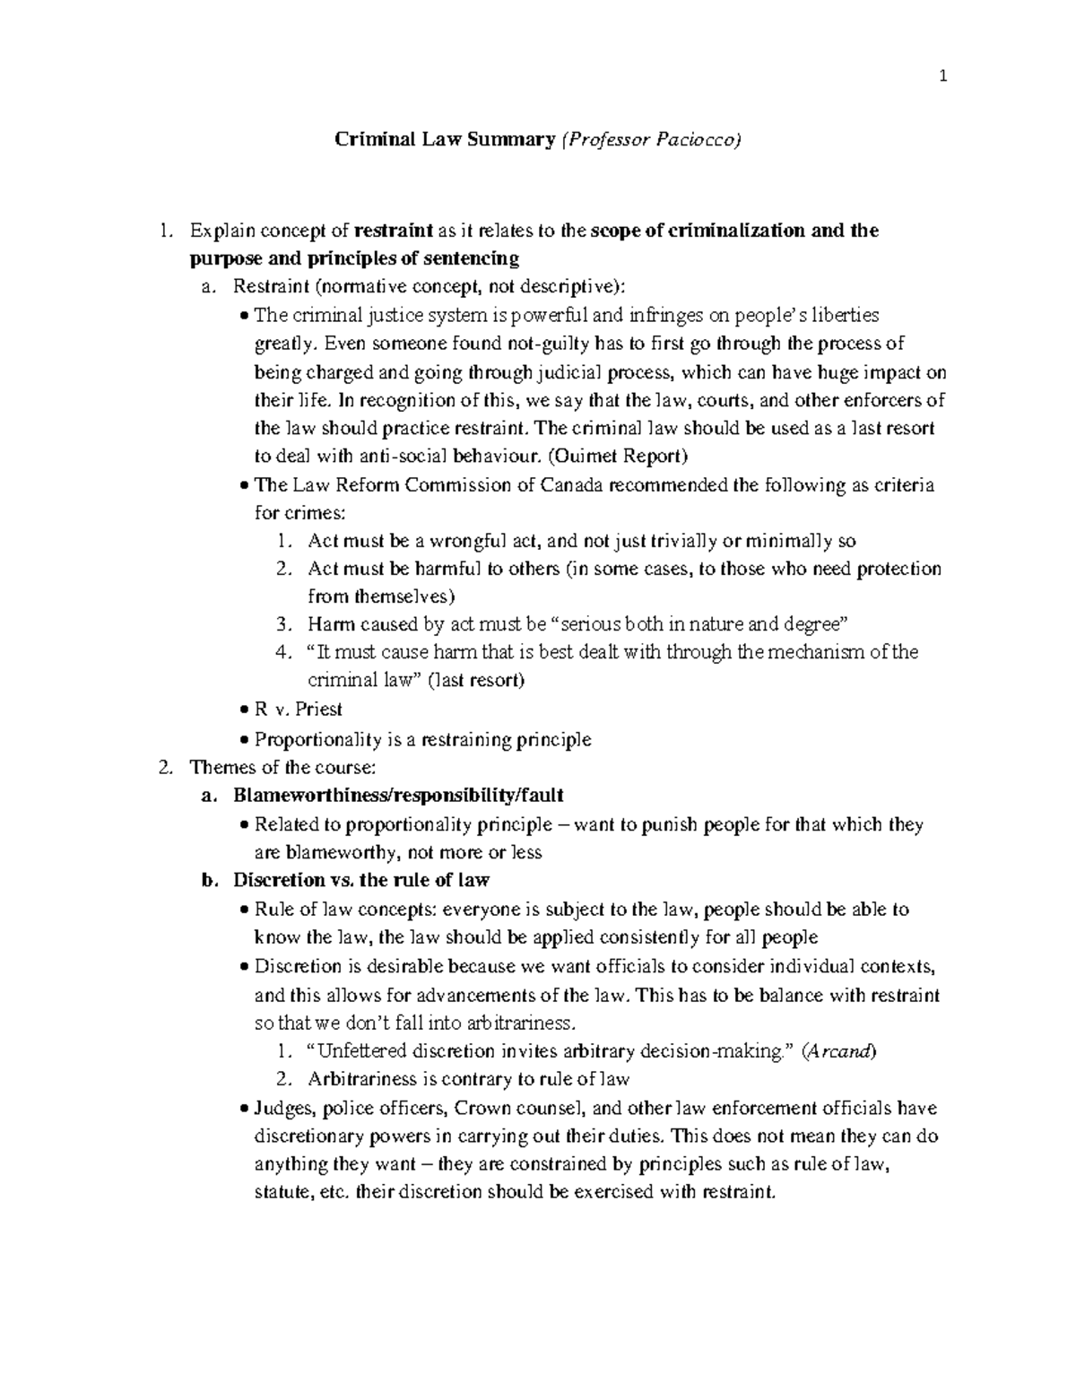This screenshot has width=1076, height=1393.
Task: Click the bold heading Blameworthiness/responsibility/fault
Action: pyautogui.click(x=398, y=796)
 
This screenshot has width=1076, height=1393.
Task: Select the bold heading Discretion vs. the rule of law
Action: pyautogui.click(x=360, y=880)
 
